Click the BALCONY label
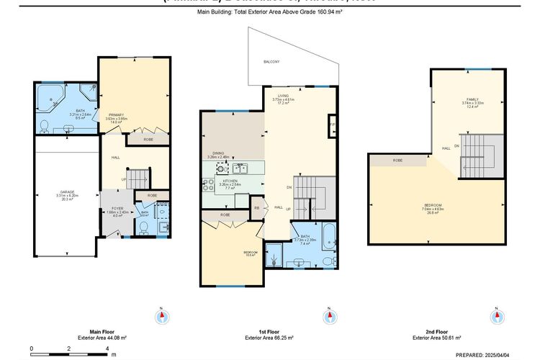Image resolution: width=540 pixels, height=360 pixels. coord(271,61)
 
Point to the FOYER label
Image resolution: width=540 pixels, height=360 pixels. coord(117,209)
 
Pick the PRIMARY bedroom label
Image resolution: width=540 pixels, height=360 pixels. coord(117,115)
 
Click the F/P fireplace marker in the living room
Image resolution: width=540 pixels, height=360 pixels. coord(331,125)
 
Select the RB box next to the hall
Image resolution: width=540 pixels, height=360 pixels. coord(256,209)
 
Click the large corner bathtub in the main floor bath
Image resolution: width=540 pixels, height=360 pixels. coord(51,95)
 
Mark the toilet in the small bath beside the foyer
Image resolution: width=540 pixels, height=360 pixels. coord(143,228)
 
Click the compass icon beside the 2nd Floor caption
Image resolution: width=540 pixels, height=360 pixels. coord(496,315)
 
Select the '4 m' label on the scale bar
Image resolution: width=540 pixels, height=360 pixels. coord(107,348)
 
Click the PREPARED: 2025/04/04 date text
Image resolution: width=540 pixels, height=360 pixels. coord(482,354)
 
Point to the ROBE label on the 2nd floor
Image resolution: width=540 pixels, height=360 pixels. coord(397,160)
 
